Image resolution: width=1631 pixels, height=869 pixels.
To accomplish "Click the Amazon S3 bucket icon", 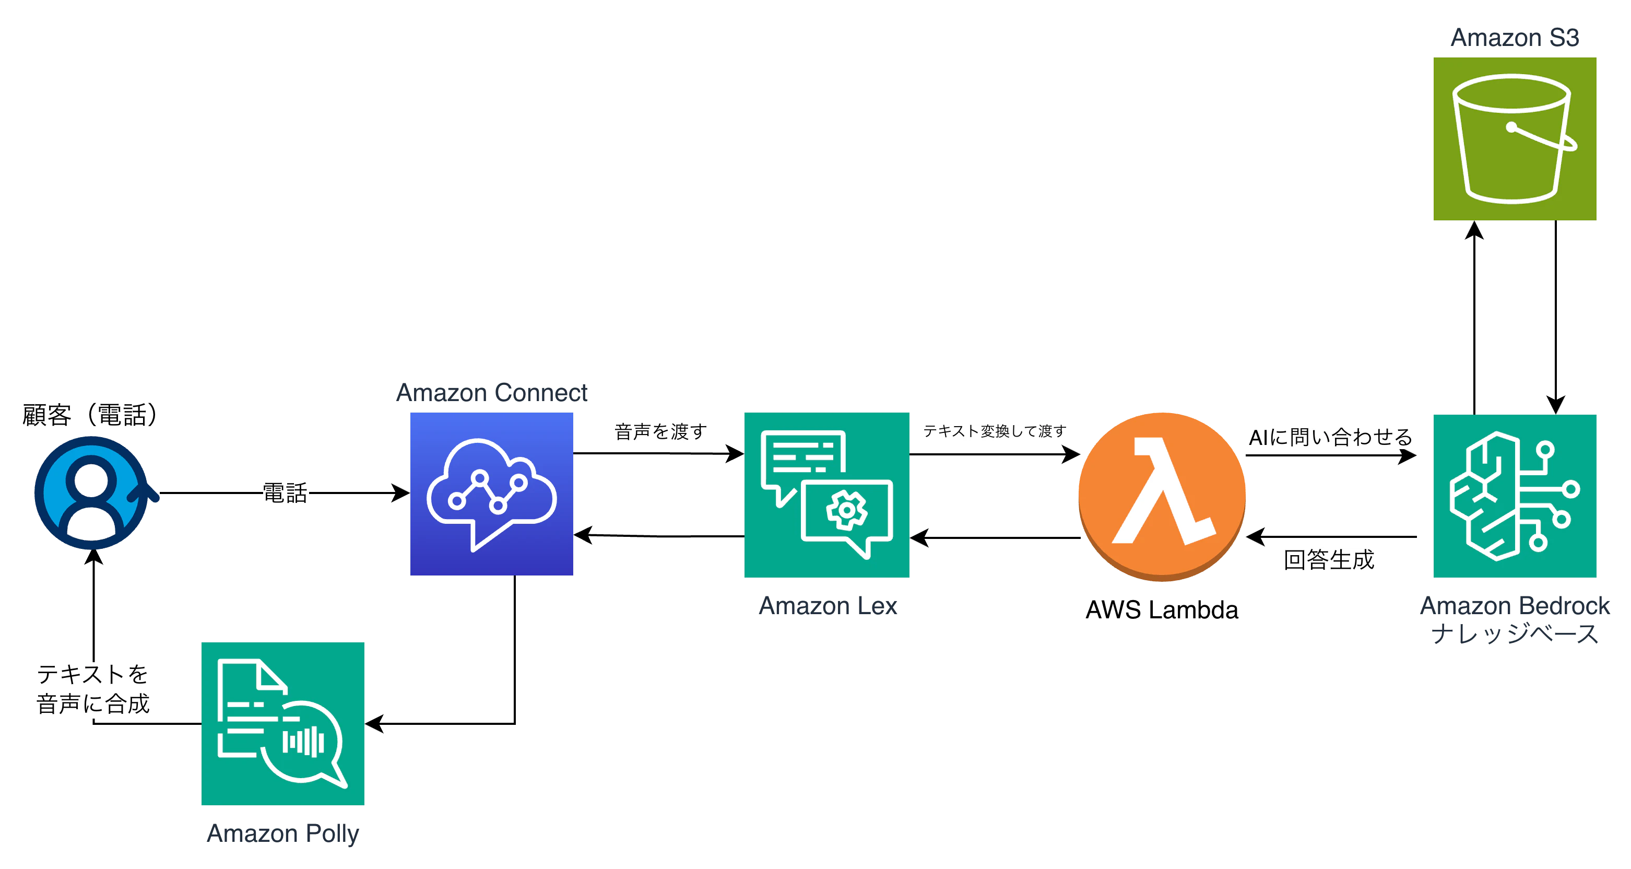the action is click(x=1515, y=139).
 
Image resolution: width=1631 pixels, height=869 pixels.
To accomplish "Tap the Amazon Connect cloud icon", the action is click(x=491, y=494).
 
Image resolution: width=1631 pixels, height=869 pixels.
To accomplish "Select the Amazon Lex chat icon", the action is click(x=827, y=495).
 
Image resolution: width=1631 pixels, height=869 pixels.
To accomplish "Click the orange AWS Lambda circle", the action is click(x=1162, y=497).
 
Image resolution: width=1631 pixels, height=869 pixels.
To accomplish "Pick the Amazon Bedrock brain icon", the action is click(x=1515, y=496).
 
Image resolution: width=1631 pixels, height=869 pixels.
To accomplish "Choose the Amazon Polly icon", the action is click(x=282, y=723).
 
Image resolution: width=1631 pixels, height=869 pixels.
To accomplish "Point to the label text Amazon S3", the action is click(x=1515, y=38).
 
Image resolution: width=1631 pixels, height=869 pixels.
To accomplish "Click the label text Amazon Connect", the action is click(x=491, y=393).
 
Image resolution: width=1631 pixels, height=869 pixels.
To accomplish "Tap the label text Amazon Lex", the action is click(x=828, y=606).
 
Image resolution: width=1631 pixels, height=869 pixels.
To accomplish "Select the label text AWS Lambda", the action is click(x=1162, y=610).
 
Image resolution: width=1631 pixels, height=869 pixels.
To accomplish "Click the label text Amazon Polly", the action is click(x=282, y=833).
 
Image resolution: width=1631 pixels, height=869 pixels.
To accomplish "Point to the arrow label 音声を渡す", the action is click(x=660, y=431).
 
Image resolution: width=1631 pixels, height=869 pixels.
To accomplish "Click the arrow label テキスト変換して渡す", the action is click(x=995, y=431).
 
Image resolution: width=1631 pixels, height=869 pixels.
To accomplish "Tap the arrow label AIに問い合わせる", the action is click(x=1330, y=437).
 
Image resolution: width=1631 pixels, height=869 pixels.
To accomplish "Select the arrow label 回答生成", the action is click(x=1329, y=560).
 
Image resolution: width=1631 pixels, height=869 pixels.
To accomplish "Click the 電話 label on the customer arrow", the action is click(x=285, y=493).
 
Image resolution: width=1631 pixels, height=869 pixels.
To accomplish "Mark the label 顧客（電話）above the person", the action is click(x=89, y=415).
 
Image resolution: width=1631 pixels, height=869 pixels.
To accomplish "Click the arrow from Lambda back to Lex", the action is click(x=995, y=538).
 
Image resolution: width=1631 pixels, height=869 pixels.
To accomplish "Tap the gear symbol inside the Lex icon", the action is click(x=846, y=509).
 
